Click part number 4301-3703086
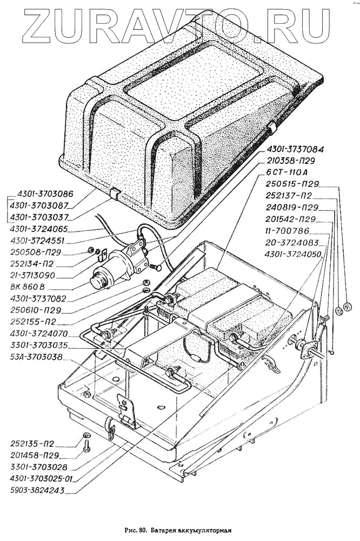[45, 193]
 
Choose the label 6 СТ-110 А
[289, 172]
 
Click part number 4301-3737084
[295, 148]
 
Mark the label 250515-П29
[294, 184]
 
